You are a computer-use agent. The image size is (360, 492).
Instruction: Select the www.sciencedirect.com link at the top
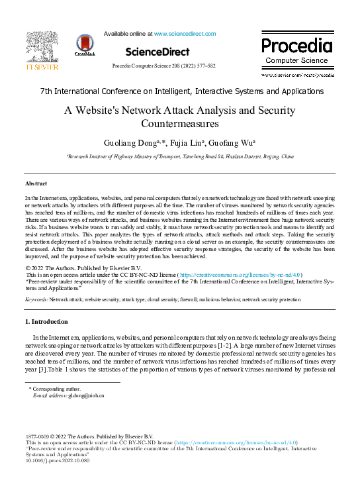coord(185,33)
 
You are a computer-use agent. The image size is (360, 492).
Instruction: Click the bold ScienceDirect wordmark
coord(157,52)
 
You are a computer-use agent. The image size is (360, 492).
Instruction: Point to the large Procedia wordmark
coord(296,46)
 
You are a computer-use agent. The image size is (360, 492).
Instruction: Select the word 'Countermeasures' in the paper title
coord(181,123)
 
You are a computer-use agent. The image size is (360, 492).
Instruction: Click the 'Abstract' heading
coord(36,183)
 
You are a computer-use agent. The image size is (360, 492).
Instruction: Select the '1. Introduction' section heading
coord(46,322)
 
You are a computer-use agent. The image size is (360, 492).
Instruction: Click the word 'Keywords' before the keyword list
coord(36,300)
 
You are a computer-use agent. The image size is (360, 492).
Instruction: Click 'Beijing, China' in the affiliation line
coord(278,157)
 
